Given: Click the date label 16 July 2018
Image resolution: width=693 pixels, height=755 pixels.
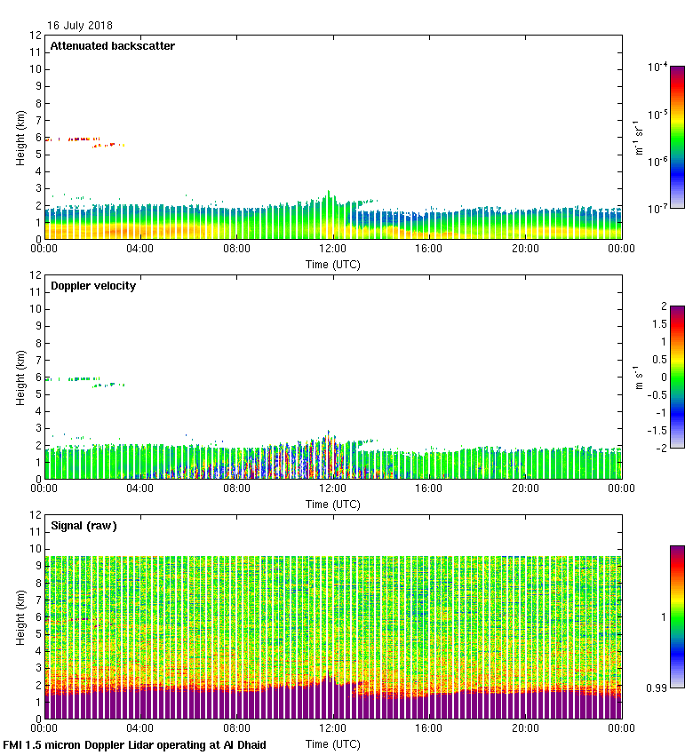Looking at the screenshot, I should click(x=80, y=26).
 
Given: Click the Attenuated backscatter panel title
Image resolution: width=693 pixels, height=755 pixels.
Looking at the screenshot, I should click(x=112, y=45).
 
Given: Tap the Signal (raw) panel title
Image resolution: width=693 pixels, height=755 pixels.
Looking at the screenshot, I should click(x=84, y=525).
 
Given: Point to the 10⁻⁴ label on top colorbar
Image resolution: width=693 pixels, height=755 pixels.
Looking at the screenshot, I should click(x=657, y=67).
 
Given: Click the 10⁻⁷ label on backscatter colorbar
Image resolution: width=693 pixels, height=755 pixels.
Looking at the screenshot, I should click(x=657, y=208).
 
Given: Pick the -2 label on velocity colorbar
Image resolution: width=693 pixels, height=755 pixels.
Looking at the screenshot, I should click(x=661, y=448).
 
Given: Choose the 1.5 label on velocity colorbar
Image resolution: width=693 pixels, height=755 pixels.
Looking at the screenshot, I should click(x=658, y=324).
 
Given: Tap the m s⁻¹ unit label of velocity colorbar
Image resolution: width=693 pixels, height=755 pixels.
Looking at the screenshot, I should click(x=639, y=377).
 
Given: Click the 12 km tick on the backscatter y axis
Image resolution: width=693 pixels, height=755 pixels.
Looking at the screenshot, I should click(x=36, y=36).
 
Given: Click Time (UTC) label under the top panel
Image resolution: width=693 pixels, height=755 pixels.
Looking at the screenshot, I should click(x=333, y=264).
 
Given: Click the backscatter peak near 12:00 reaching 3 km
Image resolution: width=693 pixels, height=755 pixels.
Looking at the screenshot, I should click(x=329, y=194).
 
